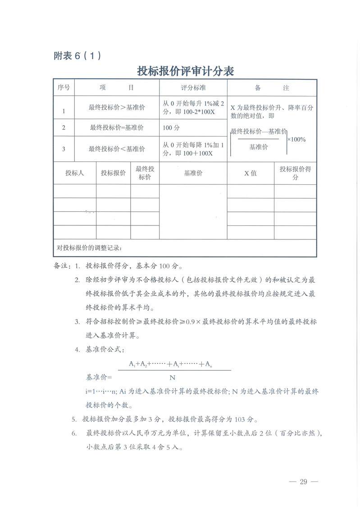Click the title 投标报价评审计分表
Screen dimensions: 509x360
coord(185,71)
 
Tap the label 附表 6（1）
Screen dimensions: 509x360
coord(77,56)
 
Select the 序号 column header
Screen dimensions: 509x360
coord(64,88)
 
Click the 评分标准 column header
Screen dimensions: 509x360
coord(193,88)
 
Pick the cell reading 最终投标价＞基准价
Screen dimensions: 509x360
coord(117,107)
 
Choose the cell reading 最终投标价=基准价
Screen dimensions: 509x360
coord(117,128)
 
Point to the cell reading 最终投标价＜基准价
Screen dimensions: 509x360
coord(117,149)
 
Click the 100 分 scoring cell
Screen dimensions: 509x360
coord(171,128)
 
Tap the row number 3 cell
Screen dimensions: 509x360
coord(64,149)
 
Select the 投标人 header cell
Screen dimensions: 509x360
coord(74,173)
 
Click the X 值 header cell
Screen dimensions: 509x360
coord(251,173)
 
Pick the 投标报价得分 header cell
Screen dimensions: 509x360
coord(295,173)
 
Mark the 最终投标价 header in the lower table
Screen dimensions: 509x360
coord(145,173)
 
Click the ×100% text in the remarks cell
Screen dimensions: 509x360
coord(296,139)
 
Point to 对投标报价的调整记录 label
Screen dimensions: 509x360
coord(90,248)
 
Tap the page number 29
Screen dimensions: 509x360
coord(303,482)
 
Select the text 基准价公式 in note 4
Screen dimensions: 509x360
coord(102,349)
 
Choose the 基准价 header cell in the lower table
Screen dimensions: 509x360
coord(193,173)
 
